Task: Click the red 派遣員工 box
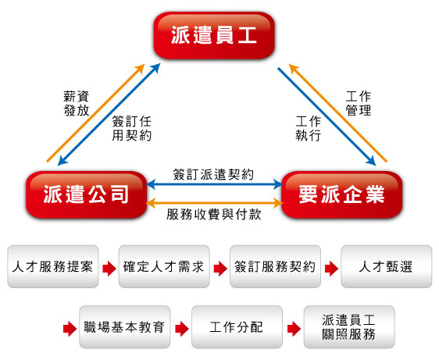(x=214, y=35)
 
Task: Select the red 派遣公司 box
(x=86, y=194)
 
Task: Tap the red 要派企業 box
(x=342, y=194)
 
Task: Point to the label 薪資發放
(x=77, y=103)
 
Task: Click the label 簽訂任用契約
(x=131, y=129)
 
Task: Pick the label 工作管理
(x=359, y=103)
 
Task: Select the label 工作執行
(x=309, y=129)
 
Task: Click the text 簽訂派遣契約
(x=213, y=175)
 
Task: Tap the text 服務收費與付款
(x=214, y=215)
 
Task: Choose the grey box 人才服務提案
(x=53, y=266)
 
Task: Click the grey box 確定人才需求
(x=164, y=266)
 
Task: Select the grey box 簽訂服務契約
(x=275, y=266)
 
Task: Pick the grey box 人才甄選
(x=387, y=266)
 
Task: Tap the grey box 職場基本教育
(x=124, y=327)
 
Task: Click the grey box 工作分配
(x=237, y=327)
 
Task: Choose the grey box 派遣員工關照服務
(x=349, y=327)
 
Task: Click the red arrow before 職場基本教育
(x=70, y=329)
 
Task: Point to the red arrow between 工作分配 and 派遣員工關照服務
(x=294, y=329)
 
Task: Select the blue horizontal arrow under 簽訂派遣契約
(x=215, y=184)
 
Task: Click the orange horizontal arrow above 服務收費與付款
(x=215, y=203)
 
